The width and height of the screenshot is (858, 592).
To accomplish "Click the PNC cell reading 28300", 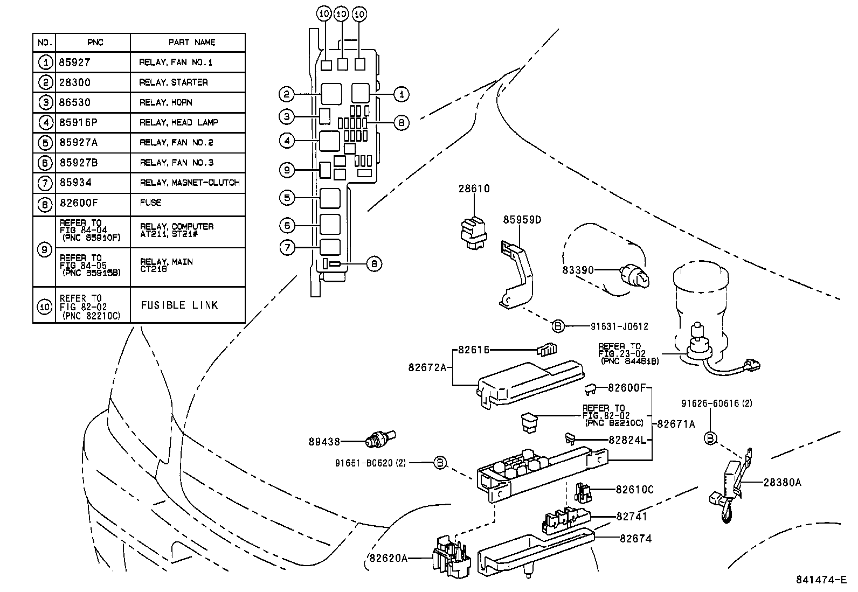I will pyautogui.click(x=75, y=82).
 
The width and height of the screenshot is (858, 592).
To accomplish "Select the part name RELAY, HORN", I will pyautogui.click(x=165, y=102).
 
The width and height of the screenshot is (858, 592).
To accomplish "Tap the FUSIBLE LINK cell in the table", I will pyautogui.click(x=179, y=305).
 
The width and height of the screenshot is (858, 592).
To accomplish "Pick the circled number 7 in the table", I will pyautogui.click(x=45, y=183).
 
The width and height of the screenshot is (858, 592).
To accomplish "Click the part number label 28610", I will pyautogui.click(x=474, y=189).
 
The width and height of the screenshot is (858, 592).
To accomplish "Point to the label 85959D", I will pyautogui.click(x=522, y=220).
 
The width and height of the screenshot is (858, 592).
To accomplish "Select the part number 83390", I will pyautogui.click(x=578, y=269).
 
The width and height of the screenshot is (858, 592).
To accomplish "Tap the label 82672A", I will pyautogui.click(x=427, y=367).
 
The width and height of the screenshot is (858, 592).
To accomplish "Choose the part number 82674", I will pyautogui.click(x=635, y=538).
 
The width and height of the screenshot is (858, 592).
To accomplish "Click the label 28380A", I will pyautogui.click(x=782, y=482).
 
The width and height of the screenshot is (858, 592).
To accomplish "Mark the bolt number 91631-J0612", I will pyautogui.click(x=619, y=326).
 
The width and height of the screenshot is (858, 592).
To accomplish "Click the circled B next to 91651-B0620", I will pyautogui.click(x=440, y=462).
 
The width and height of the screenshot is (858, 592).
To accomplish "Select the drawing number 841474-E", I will pyautogui.click(x=821, y=580).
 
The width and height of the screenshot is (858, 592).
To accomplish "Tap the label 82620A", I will pyautogui.click(x=388, y=558).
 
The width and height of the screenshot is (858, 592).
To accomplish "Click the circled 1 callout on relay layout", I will pyautogui.click(x=400, y=94).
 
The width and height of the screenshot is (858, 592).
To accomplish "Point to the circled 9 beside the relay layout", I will pyautogui.click(x=287, y=170).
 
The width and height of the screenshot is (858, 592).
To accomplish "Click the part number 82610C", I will pyautogui.click(x=634, y=489).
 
